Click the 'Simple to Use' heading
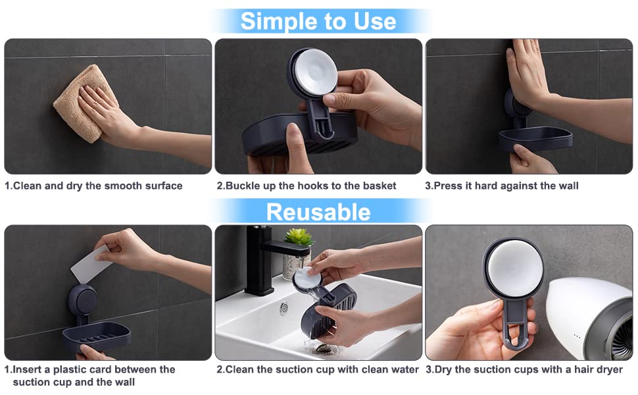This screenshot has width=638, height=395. point(318,21)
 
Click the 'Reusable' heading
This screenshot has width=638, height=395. point(318,212)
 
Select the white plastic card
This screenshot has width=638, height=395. point(91,264)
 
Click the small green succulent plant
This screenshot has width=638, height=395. point(299,237)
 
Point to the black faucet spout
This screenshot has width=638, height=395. point(285,248)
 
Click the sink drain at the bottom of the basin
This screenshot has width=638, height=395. point(324,348)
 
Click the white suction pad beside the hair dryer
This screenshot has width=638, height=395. point(514,269)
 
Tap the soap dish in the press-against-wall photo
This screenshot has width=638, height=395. point(535,139)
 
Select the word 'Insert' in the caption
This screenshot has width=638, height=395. point(27,369)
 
